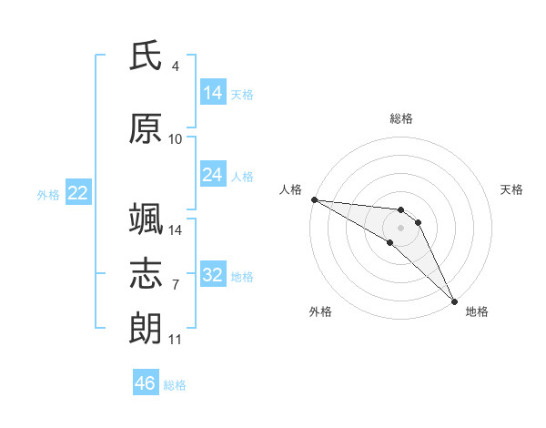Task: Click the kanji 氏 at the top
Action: (x=146, y=56)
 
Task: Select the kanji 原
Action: (x=146, y=128)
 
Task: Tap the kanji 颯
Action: (x=146, y=219)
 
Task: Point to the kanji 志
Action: (x=146, y=273)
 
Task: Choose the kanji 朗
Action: (x=146, y=328)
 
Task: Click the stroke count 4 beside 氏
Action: (x=175, y=66)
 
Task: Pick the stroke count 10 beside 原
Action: (x=175, y=139)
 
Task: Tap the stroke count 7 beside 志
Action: (x=176, y=284)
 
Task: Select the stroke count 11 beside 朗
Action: (x=175, y=339)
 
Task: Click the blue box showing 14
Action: (x=213, y=91)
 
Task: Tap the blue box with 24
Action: (x=213, y=174)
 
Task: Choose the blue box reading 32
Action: (x=213, y=273)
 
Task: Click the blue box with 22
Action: (x=78, y=192)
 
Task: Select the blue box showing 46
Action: (x=146, y=382)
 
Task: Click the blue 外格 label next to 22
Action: (x=48, y=195)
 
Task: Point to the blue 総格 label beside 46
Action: (x=175, y=385)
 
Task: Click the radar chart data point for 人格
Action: (x=315, y=199)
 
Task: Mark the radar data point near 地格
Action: (x=454, y=301)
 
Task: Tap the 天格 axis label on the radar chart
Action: (x=511, y=189)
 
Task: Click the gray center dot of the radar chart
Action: (x=400, y=228)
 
